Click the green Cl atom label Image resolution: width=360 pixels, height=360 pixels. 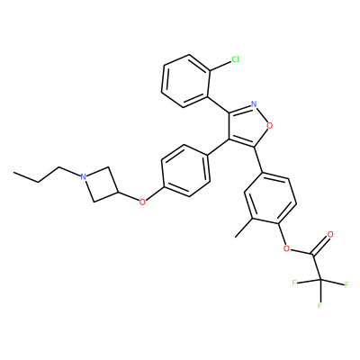pos(235,59)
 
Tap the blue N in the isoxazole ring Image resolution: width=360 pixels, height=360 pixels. pos(254,104)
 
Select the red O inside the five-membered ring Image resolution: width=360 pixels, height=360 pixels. pos(270,126)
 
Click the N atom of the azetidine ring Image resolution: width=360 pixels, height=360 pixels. pos(84,176)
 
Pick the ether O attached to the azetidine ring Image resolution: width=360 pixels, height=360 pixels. pos(142,202)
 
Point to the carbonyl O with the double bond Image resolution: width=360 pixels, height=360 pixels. pos(330,234)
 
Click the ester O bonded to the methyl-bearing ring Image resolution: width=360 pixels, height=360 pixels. pos(286,248)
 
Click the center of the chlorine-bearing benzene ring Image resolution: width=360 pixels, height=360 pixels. pos(185,81)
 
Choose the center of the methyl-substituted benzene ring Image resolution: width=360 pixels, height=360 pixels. pos(270,198)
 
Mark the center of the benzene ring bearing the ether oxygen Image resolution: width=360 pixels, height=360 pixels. pos(185,171)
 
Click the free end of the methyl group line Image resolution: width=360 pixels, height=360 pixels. pos(236,238)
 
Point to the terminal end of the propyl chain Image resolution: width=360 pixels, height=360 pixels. pos(13,173)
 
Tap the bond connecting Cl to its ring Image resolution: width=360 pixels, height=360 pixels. pos(220,66)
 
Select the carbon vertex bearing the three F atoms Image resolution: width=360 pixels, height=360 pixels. pos(320,280)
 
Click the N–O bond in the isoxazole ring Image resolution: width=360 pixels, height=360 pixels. pos(262,115)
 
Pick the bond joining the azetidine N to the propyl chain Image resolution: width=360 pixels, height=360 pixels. pos(70,172)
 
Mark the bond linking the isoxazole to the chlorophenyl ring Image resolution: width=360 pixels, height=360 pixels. pos(218,104)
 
